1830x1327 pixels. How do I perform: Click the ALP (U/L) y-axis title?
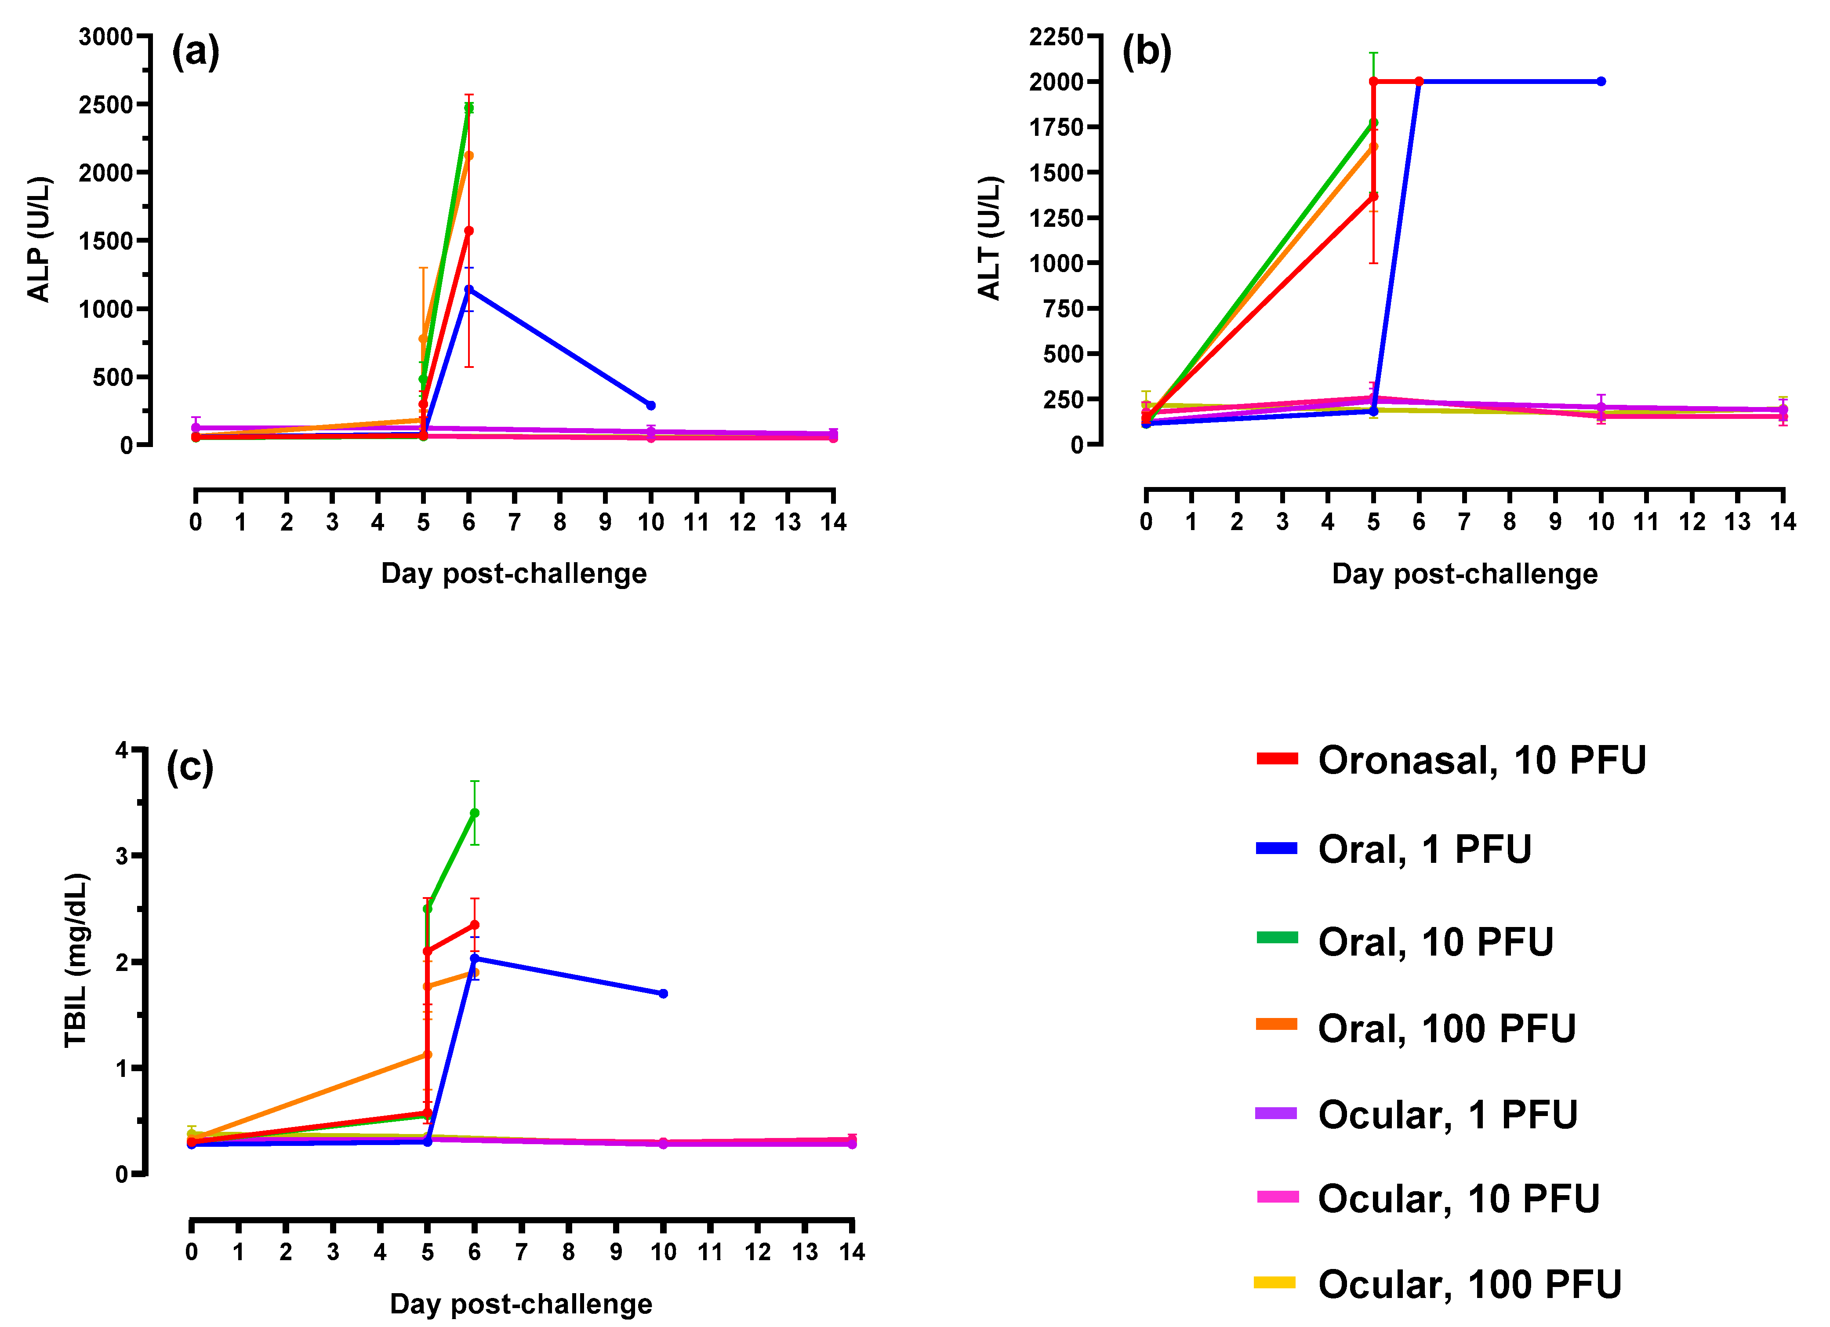pos(39,239)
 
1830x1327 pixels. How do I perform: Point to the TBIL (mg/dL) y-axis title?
pos(76,960)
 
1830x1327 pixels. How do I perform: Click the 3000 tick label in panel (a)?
pos(106,36)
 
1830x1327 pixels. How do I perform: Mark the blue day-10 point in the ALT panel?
pos(1601,81)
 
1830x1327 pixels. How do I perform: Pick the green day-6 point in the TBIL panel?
pos(475,813)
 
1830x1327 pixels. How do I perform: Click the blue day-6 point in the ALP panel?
pos(469,289)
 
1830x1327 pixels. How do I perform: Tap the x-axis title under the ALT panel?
pos(1464,574)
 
